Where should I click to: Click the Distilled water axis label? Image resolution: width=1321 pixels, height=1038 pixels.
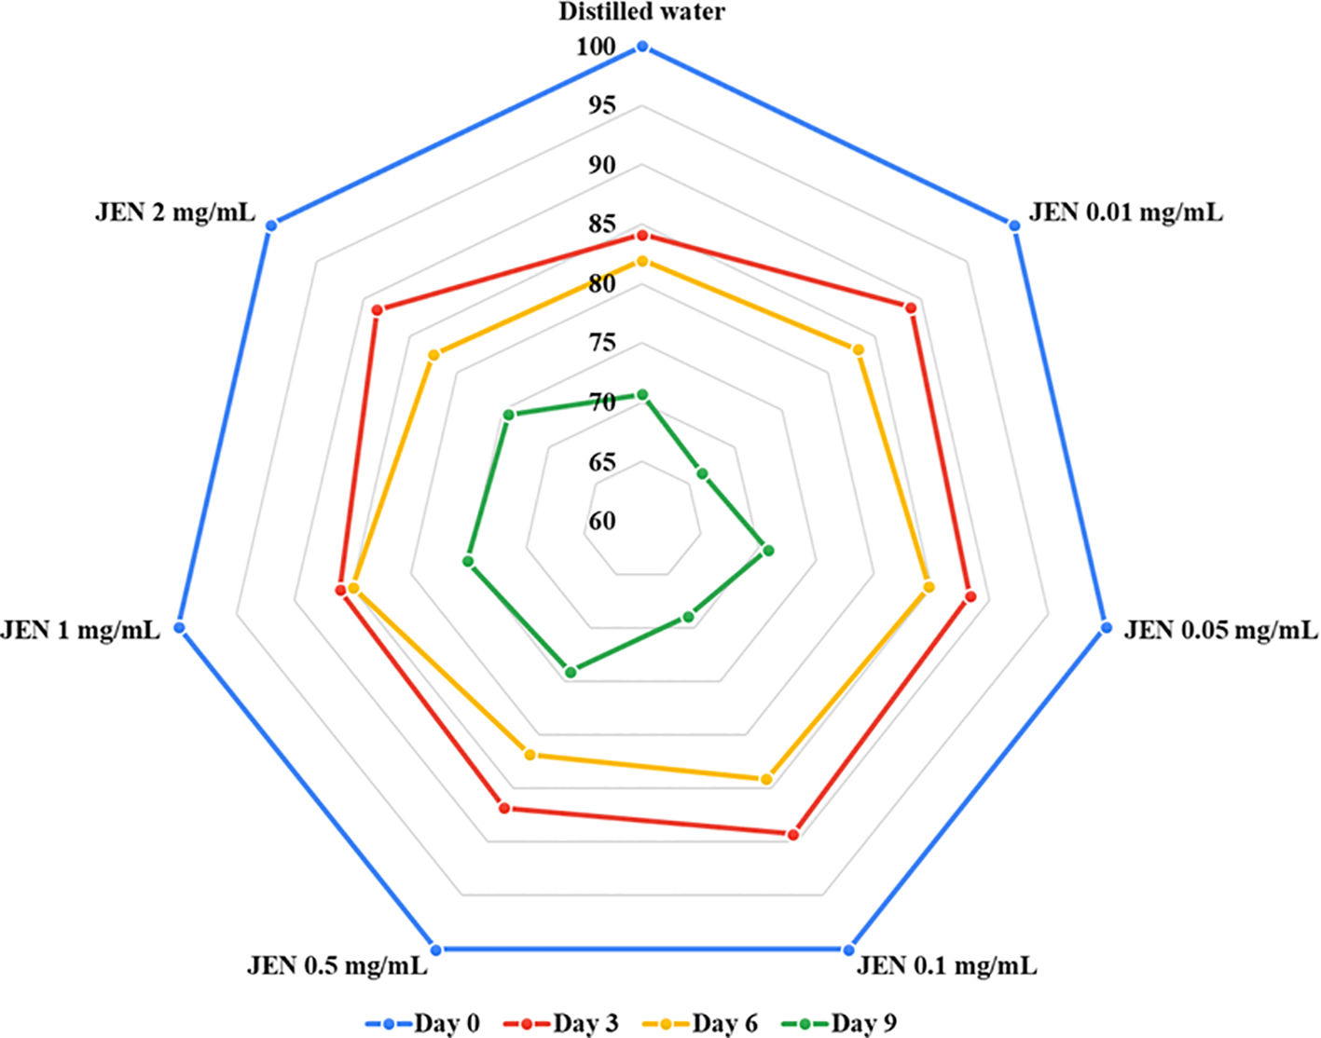(x=641, y=12)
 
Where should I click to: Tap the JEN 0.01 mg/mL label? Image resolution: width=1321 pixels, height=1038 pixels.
(x=1125, y=212)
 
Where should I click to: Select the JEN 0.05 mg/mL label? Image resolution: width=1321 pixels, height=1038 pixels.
(x=1220, y=631)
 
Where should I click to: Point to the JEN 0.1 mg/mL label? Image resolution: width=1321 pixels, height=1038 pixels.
(x=946, y=965)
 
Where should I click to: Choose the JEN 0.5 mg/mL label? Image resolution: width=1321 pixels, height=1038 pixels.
(x=337, y=965)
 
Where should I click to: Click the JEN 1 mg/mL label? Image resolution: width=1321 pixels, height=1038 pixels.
(x=80, y=631)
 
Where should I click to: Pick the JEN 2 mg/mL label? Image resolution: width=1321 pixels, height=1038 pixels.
(x=174, y=212)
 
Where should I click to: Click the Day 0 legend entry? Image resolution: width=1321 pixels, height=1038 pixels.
(x=423, y=1023)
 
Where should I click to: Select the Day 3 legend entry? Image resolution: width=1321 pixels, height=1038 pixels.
(x=561, y=1023)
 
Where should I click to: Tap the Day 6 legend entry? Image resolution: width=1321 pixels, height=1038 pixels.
(x=701, y=1023)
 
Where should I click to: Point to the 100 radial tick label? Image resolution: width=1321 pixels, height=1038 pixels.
(x=597, y=47)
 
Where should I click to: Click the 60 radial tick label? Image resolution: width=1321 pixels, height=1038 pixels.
(x=602, y=521)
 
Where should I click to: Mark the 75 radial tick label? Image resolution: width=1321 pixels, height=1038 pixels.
(x=602, y=343)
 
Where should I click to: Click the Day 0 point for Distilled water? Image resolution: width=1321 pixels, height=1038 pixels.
(x=641, y=47)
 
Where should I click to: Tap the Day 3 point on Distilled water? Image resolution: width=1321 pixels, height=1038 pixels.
(x=641, y=236)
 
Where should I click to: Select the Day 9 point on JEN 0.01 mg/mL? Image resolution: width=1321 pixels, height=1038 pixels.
(x=703, y=474)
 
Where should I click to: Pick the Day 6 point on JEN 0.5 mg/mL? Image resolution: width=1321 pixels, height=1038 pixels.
(x=530, y=755)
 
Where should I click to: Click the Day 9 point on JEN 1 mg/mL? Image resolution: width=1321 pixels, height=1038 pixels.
(x=468, y=561)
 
